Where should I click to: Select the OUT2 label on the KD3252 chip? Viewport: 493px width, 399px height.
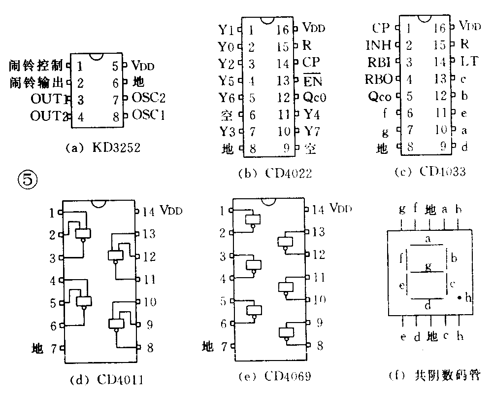pos(48,117)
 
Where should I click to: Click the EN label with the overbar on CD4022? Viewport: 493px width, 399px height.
pos(312,80)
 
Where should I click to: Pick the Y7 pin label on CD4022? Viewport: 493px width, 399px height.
pos(311,132)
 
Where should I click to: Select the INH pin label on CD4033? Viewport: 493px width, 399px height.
pos(378,45)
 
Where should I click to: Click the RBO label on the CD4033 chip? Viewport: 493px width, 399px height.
pos(378,79)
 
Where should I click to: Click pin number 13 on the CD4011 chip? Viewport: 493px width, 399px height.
pos(149,234)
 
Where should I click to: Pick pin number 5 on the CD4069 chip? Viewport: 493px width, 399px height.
pos(223,301)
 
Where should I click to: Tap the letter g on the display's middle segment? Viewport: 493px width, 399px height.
pos(427,267)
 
